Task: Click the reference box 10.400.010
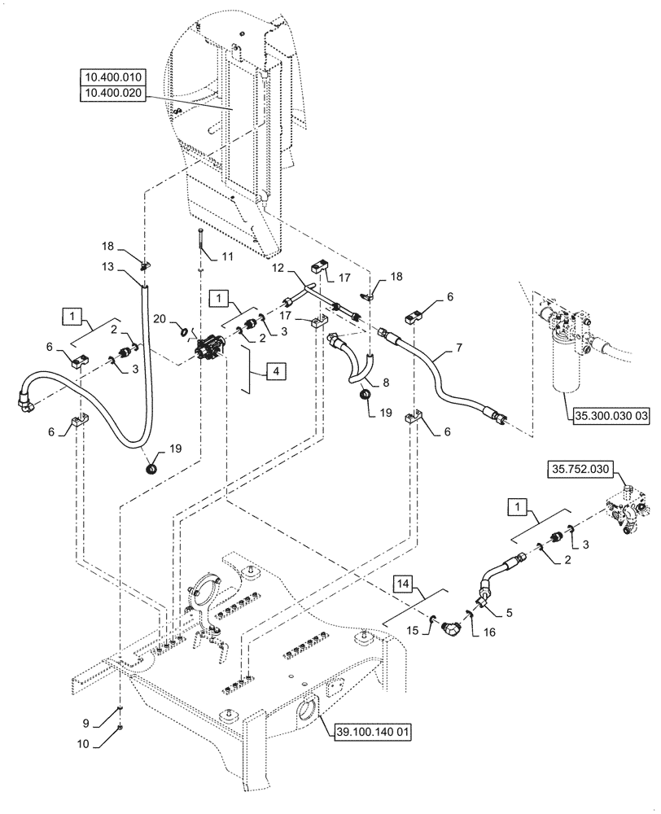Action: click(112, 77)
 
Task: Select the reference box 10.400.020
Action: click(112, 93)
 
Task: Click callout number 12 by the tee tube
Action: click(277, 268)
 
